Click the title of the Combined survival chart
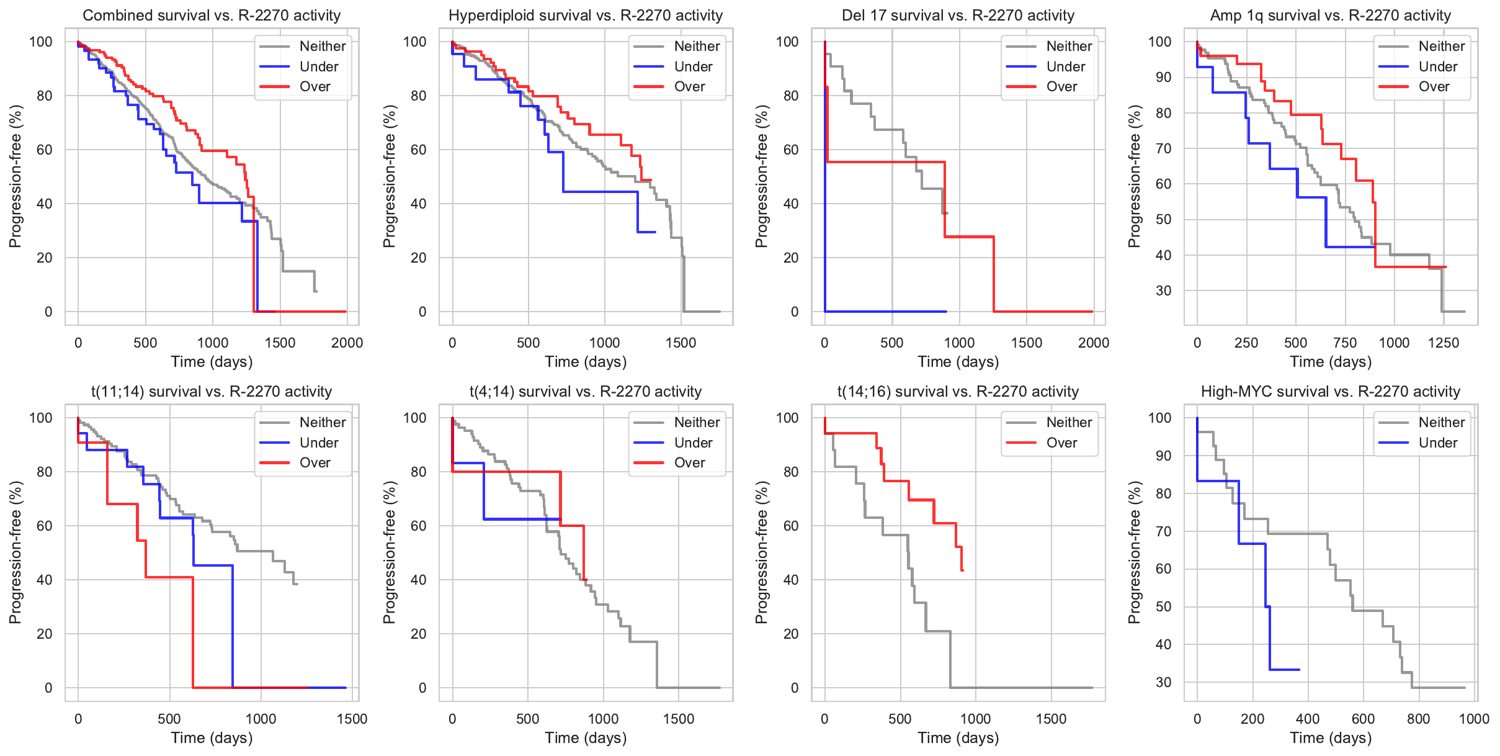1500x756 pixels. pos(212,16)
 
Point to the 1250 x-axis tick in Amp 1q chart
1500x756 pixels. pos(1443,343)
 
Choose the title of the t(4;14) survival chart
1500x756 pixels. pos(585,392)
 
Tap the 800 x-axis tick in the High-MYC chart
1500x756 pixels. pos(1419,719)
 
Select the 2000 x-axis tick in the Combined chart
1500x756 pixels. pos(347,343)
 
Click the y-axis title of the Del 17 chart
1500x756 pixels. pos(761,176)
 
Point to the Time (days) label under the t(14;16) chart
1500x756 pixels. pos(958,738)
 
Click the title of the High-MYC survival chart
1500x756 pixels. pos(1330,392)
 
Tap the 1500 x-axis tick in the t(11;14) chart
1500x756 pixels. pos(352,719)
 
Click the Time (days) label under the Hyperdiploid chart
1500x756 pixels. pos(585,362)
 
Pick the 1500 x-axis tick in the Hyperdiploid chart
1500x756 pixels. pos(681,343)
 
